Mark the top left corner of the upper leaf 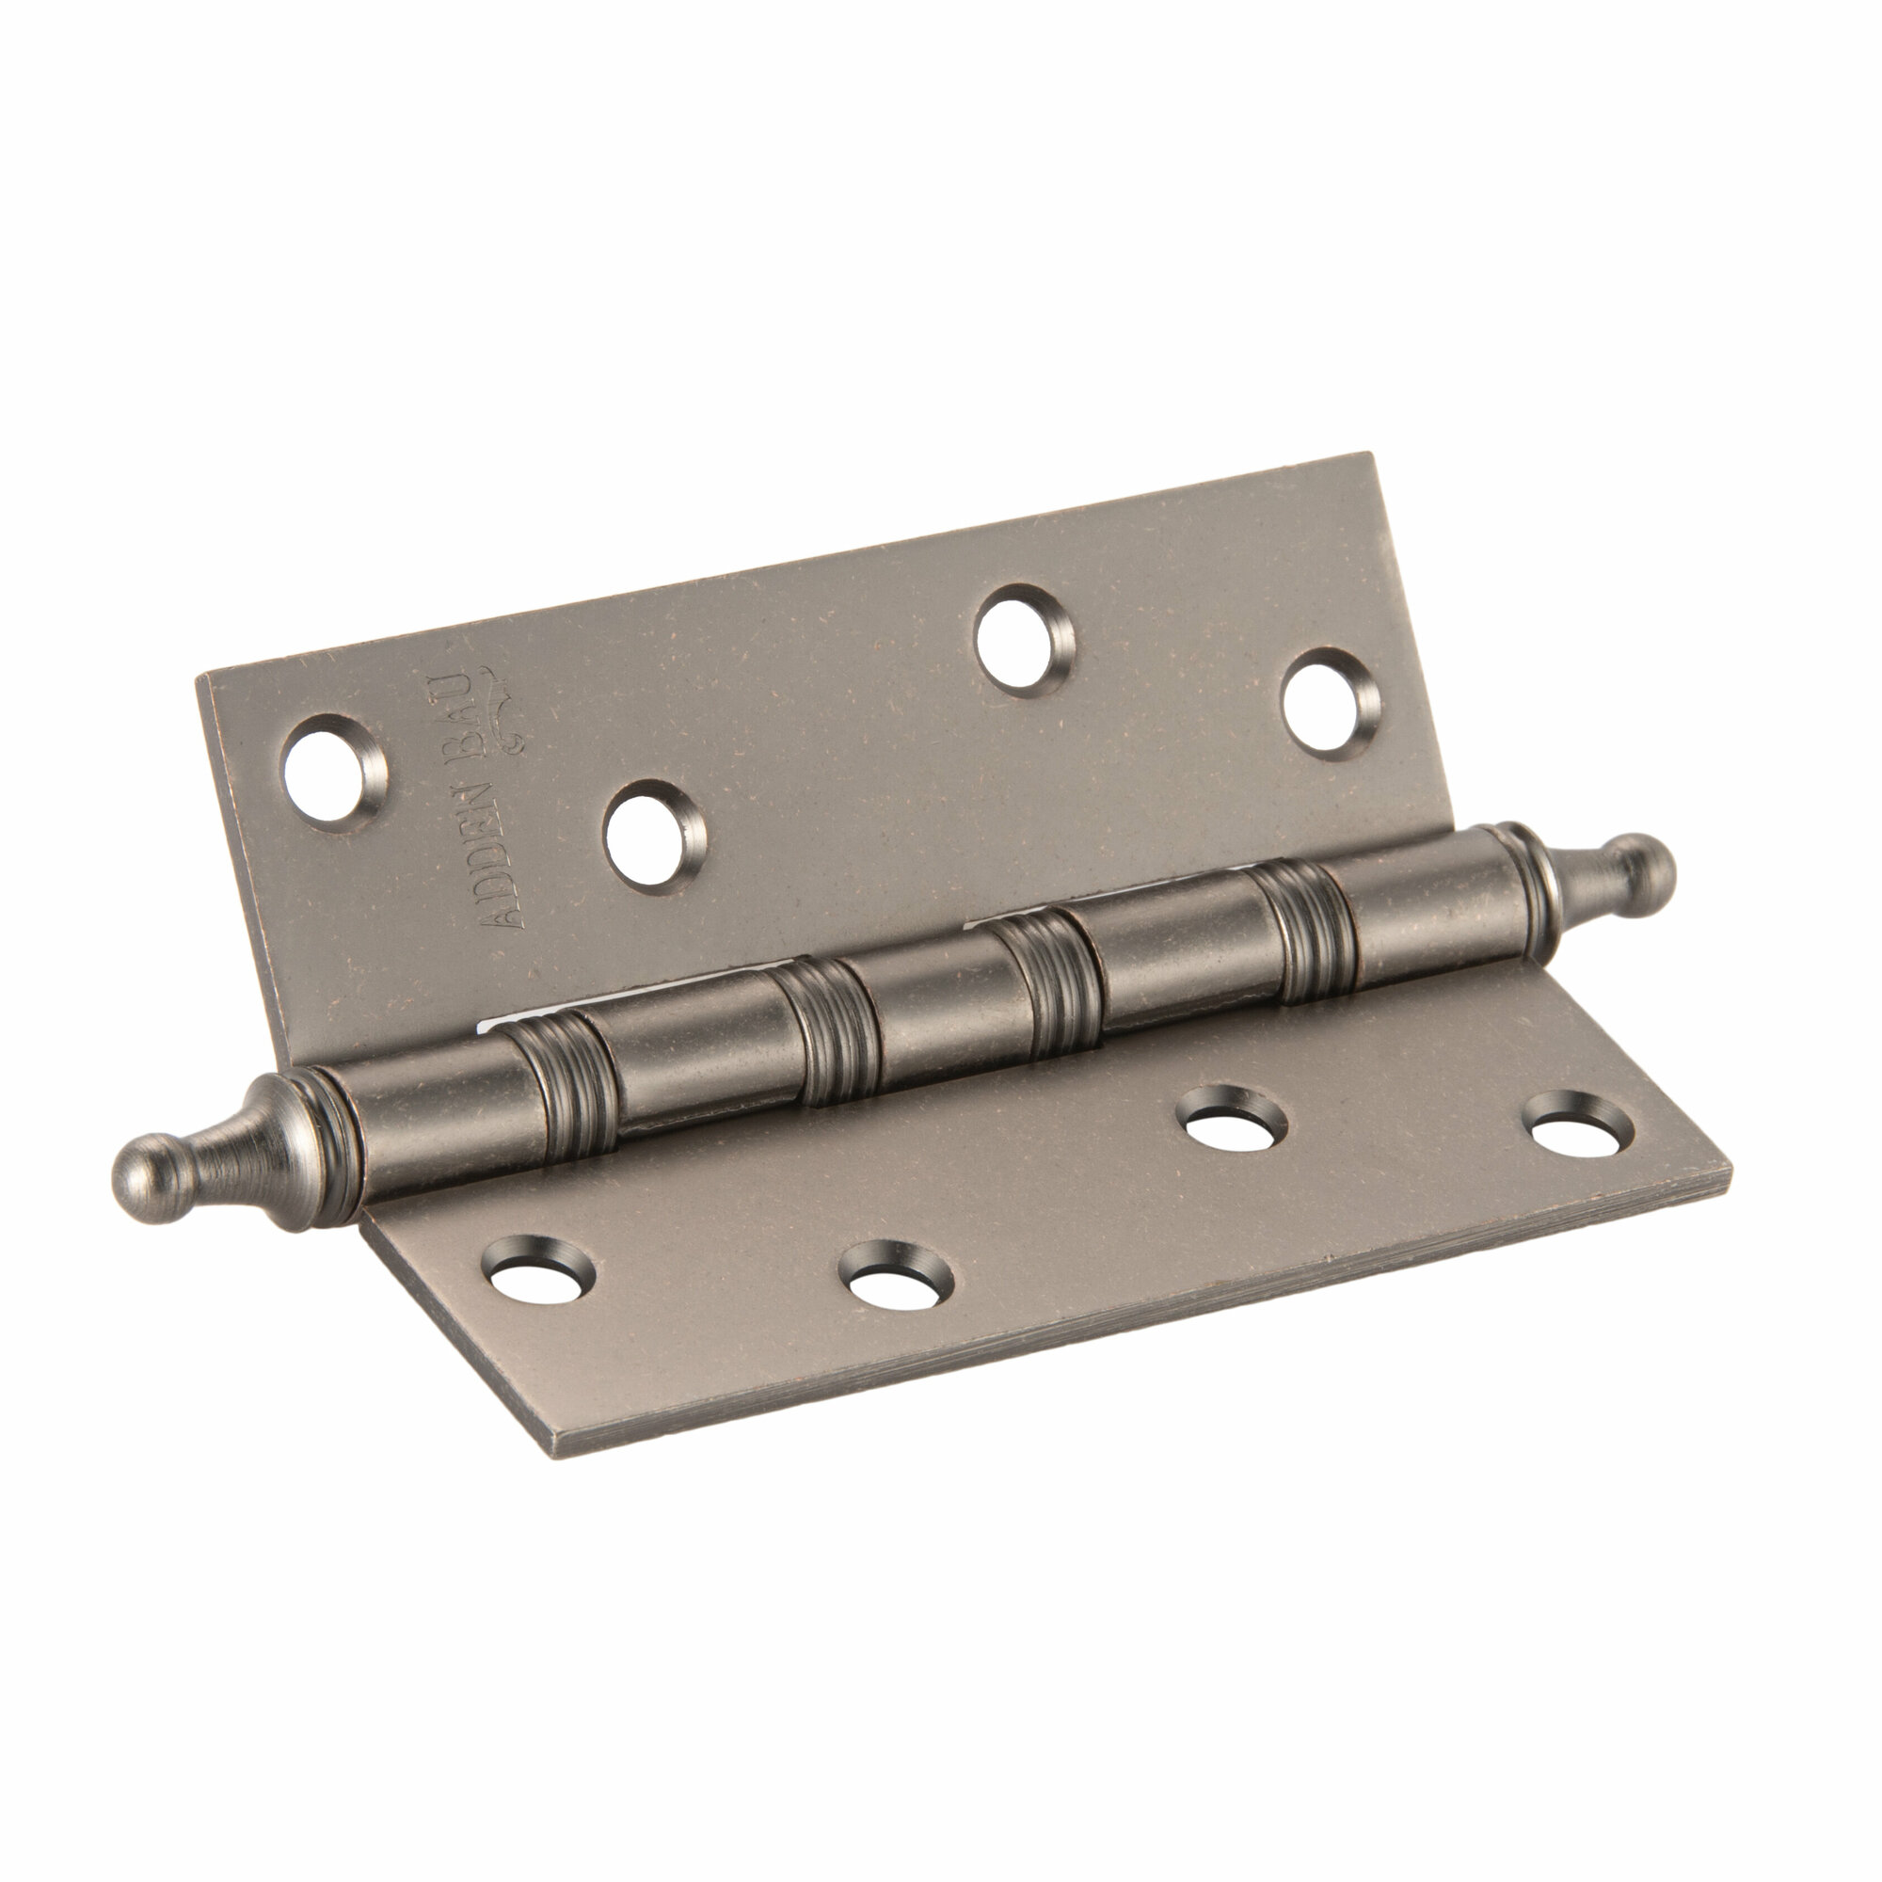point(198,676)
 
